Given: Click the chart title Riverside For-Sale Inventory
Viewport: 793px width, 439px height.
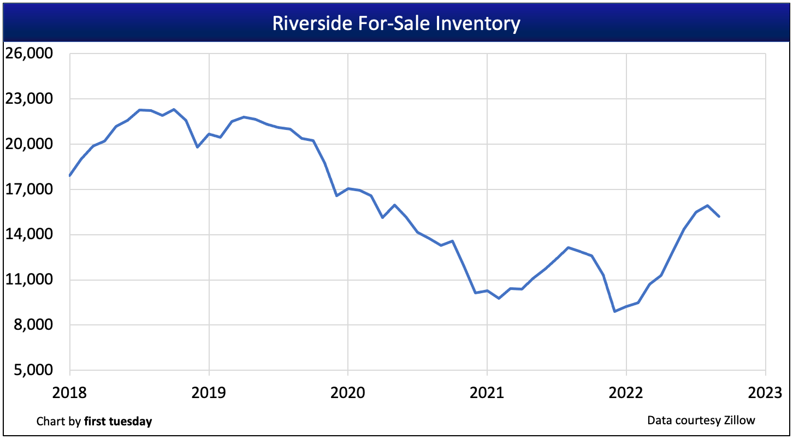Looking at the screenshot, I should click(x=396, y=24).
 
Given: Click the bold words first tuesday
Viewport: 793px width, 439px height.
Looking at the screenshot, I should click(x=118, y=422).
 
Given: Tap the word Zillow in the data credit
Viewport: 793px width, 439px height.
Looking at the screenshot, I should click(x=741, y=420).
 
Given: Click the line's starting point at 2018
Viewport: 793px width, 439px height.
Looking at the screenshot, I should click(x=70, y=175).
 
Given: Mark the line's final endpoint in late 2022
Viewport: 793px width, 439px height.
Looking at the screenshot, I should click(x=719, y=217).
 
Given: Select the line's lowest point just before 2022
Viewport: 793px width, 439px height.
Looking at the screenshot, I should click(x=615, y=311).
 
